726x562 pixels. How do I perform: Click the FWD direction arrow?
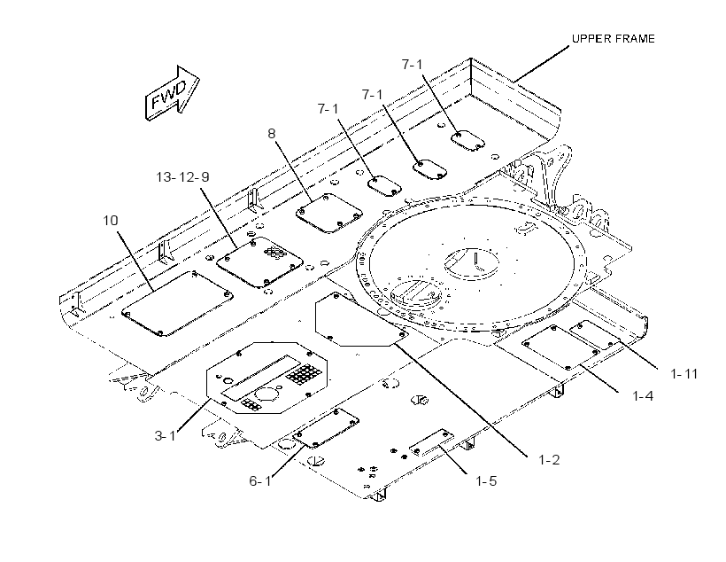coord(173,94)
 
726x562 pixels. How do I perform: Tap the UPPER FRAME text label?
coord(613,39)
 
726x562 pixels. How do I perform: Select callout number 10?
coord(111,220)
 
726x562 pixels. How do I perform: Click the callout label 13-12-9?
coord(182,177)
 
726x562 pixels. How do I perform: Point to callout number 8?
coord(271,134)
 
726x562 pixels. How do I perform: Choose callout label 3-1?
coord(165,436)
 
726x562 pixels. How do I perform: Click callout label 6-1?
coord(260,481)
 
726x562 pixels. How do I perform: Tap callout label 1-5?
coord(486,481)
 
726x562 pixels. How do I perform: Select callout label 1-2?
coord(549,460)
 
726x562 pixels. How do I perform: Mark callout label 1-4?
coord(643,396)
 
